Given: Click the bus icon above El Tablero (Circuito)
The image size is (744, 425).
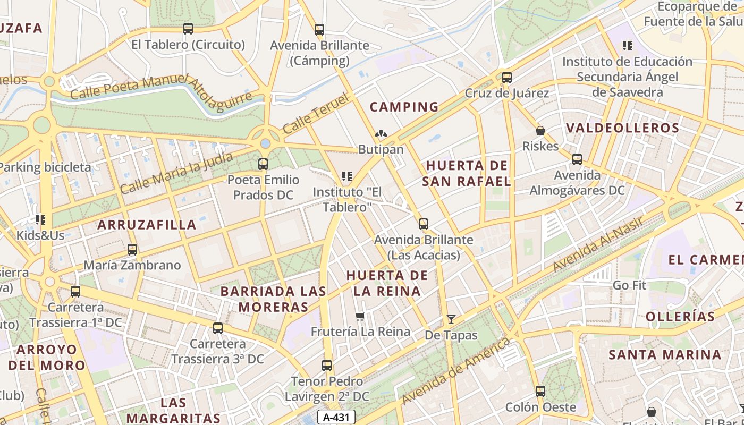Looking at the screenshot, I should [188, 29].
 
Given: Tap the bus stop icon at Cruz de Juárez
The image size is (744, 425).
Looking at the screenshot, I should [507, 78].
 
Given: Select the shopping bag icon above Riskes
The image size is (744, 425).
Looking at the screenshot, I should [540, 130].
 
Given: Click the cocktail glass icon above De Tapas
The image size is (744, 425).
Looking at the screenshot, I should [451, 319].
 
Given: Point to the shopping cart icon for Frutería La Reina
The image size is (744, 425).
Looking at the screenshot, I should [360, 317].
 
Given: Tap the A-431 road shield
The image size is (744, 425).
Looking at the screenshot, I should [336, 417].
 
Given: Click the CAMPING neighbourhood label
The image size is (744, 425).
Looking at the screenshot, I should [404, 107].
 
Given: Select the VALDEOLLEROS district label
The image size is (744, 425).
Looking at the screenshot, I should [622, 128].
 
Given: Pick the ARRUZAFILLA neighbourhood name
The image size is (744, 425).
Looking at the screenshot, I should [147, 225].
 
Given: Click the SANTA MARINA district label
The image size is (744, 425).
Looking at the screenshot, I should [665, 354].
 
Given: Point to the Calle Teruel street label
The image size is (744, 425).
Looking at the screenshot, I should [316, 113].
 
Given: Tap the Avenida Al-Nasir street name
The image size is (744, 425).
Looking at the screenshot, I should [598, 244].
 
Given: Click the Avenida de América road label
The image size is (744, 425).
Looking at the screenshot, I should [456, 371].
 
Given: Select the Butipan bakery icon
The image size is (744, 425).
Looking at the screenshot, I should [381, 134].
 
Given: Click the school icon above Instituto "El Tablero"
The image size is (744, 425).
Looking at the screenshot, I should [347, 176].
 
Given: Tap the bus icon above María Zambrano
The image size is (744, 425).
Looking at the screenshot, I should [132, 249].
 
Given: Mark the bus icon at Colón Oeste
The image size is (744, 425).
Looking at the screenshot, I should [540, 392].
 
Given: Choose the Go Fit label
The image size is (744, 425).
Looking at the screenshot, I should [629, 285].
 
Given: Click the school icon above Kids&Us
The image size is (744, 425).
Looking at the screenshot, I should [40, 219].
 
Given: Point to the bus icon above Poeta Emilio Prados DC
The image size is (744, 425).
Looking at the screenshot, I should [263, 164].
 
